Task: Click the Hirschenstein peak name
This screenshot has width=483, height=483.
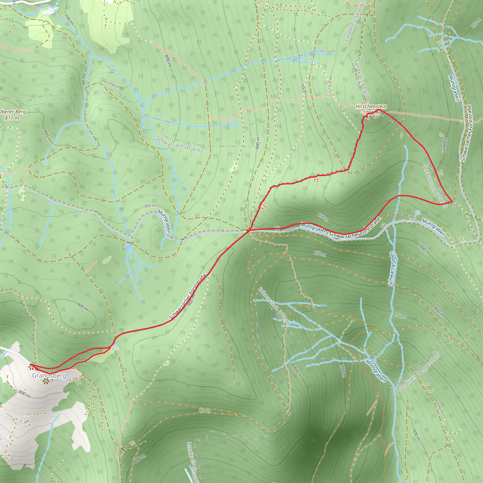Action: [371, 107]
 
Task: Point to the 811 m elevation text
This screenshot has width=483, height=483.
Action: [12, 117]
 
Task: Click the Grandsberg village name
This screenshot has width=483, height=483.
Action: [49, 375]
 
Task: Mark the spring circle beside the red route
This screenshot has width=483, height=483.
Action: [115, 346]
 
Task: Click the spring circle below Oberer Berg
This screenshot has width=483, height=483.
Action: [45, 162]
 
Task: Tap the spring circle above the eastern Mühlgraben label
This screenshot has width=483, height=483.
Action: [418, 212]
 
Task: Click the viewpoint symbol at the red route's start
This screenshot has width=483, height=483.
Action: [31, 367]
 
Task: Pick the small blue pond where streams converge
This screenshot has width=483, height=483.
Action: [128, 247]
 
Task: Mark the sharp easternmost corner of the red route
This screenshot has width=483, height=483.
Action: [452, 201]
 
